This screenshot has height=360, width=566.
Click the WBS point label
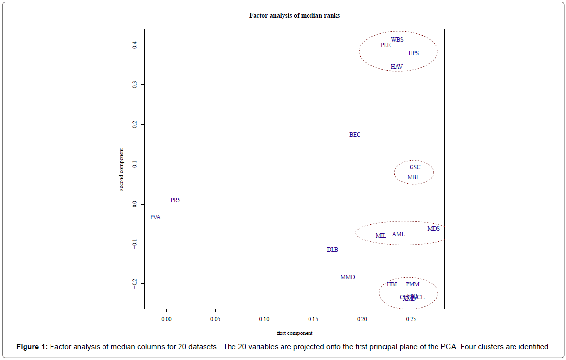(x=397, y=40)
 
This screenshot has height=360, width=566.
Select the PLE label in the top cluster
(x=386, y=45)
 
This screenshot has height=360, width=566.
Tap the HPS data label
(x=413, y=53)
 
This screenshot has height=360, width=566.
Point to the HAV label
(x=396, y=67)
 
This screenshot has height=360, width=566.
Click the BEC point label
(x=355, y=135)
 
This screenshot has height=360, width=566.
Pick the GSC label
(x=415, y=167)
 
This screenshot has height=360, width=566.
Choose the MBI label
(x=413, y=177)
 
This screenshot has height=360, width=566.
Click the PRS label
(x=175, y=200)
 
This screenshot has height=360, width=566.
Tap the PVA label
(x=155, y=217)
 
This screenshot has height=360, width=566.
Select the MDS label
(x=434, y=229)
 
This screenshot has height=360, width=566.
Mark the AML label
(x=399, y=234)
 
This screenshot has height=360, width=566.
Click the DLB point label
(x=333, y=250)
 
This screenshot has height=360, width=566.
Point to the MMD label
(x=347, y=277)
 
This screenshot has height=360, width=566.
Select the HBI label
(x=392, y=284)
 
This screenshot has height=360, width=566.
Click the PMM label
(x=412, y=284)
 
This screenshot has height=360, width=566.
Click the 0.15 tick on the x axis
(x=313, y=319)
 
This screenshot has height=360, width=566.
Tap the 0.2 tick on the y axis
(x=134, y=125)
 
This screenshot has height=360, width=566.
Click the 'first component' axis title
(x=294, y=334)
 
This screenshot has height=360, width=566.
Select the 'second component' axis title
(x=121, y=169)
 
